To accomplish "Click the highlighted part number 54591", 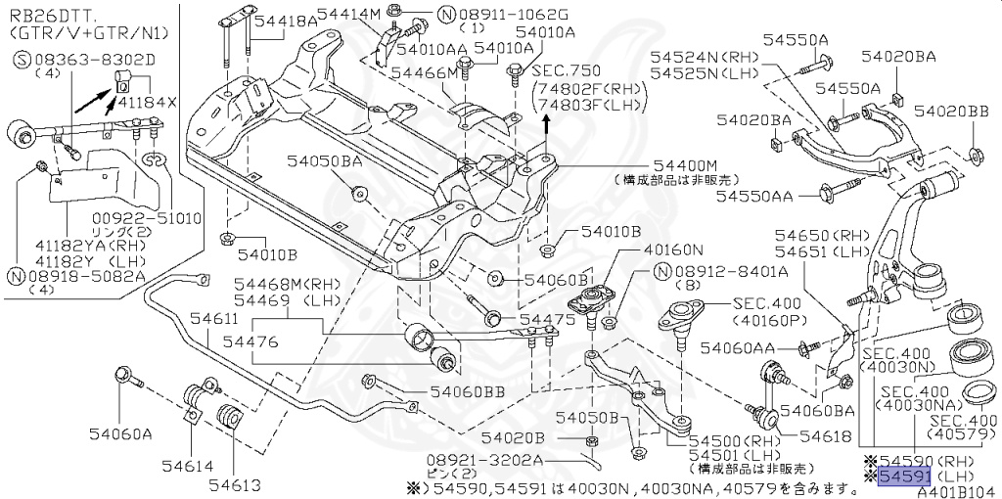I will tap(901, 476).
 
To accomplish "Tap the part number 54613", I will tap(226, 484).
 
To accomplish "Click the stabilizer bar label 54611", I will tap(213, 319).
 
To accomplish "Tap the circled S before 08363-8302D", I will tap(21, 60).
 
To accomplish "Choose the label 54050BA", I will tap(324, 160).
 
